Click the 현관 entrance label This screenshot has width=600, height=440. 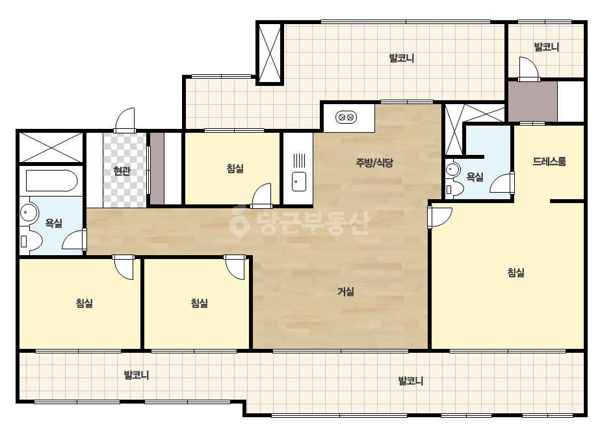pos(122,171)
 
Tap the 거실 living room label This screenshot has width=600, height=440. pos(346,292)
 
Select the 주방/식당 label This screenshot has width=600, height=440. pos(374,163)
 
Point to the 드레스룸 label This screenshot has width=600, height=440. pos(549,161)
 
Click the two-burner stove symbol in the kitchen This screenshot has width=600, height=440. pos(346,117)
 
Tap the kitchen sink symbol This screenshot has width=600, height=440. pos(299,182)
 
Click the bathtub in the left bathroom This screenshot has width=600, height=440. pos(51,180)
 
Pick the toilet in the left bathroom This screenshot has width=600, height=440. pos(31,241)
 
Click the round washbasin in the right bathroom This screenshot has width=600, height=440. pos(453,169)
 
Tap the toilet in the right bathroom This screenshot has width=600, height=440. pos(454,189)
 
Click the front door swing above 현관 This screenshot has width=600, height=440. pos(125,120)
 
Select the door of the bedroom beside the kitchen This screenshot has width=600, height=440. pos(261,195)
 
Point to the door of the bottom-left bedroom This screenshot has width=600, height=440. pos(123,267)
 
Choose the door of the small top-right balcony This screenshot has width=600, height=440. pos(528,69)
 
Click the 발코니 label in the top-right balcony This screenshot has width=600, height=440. pos(547,47)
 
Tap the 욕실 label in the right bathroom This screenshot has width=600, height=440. pos(475,177)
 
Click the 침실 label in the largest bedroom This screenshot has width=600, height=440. pos(515,273)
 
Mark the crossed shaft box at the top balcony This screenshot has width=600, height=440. pos(269,53)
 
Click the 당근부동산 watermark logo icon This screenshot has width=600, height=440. pos(239,221)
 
